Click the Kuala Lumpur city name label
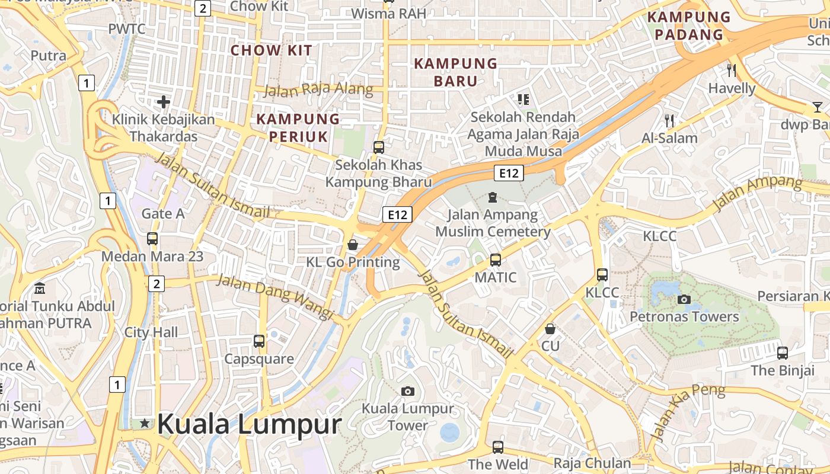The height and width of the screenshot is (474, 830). (250, 424)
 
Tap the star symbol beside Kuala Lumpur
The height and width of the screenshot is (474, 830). (145, 423)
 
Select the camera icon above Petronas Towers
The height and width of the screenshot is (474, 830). (684, 299)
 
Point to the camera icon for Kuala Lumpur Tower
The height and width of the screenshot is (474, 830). (407, 391)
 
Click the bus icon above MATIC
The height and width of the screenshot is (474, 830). (496, 260)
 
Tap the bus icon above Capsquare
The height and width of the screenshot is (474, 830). (259, 341)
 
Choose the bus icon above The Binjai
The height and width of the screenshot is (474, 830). (783, 353)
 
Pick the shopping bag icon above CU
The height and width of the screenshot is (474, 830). (550, 328)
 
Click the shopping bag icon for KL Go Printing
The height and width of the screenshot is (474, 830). (353, 244)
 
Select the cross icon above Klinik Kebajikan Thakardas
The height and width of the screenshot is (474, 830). (164, 102)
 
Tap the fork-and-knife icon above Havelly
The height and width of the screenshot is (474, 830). (732, 71)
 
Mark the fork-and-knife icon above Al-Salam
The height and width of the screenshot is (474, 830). (670, 121)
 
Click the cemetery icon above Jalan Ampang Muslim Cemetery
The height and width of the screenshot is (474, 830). (492, 197)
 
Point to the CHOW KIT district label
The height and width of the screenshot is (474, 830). (271, 50)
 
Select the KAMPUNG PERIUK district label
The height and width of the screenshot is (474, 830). (298, 128)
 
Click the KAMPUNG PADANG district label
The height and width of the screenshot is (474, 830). (689, 25)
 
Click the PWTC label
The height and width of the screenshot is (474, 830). (126, 28)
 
